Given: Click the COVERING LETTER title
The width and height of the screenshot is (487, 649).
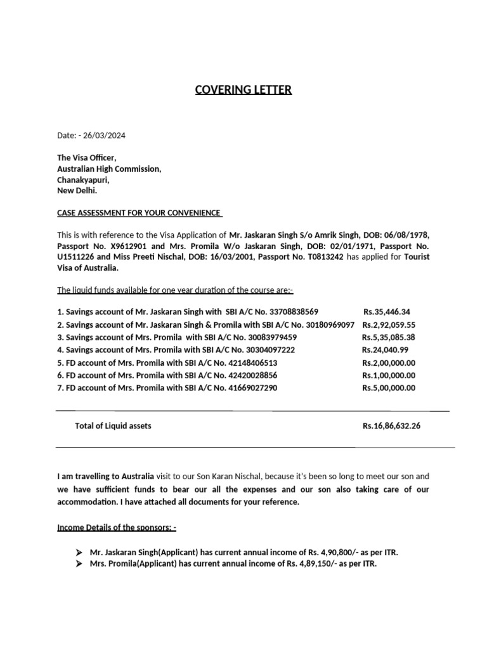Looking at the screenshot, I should click(243, 89).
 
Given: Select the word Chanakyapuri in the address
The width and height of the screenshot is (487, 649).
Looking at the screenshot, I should click(83, 180).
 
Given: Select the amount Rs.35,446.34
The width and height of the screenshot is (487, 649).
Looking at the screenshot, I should click(387, 312).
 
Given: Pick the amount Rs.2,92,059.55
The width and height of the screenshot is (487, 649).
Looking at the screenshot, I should click(388, 324).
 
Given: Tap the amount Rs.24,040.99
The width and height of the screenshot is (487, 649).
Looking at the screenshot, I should click(385, 350).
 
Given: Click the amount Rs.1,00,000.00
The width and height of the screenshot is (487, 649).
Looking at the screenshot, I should click(389, 375).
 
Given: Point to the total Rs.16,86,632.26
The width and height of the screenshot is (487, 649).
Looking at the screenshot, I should click(391, 426).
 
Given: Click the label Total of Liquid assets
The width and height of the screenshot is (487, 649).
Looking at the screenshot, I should click(113, 426).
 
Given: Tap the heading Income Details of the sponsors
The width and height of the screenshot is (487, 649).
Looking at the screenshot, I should click(117, 527).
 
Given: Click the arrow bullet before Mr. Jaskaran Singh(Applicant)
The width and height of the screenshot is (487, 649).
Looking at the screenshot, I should click(79, 552).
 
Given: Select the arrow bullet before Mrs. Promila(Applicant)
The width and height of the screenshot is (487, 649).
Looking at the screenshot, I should click(79, 563).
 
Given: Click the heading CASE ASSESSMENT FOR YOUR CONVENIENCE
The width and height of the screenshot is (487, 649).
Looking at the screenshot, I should click(139, 212).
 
